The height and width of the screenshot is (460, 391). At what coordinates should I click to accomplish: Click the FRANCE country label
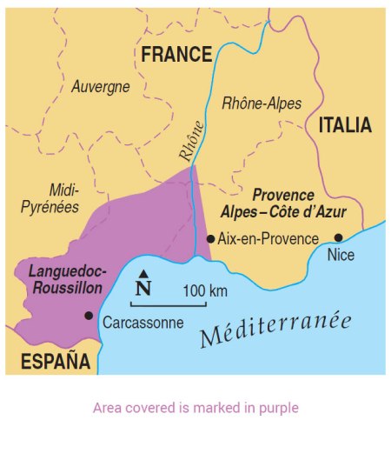176,55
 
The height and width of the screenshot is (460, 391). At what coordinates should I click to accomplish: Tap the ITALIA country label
345,125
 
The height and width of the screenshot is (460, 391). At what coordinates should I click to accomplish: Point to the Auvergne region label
101,87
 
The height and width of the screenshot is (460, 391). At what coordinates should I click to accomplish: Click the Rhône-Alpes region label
262,103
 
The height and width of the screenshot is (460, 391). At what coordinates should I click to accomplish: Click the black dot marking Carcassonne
88,315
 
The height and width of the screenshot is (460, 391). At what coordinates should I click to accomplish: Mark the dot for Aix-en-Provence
210,237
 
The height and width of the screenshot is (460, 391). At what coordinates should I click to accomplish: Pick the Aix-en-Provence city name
267,237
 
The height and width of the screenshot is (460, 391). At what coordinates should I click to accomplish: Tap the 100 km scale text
205,290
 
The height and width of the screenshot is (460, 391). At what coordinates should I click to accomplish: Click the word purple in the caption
277,407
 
